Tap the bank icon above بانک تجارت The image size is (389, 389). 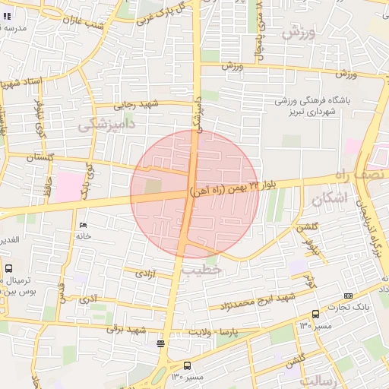pos(348,296)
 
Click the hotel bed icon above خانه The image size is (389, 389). pos(83,226)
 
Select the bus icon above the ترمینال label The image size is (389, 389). pos(8,268)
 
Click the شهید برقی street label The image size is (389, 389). pos(125,330)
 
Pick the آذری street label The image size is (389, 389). pos(89,300)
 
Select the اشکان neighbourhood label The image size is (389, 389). pos(329,200)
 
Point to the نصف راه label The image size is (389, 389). pos(360,176)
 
